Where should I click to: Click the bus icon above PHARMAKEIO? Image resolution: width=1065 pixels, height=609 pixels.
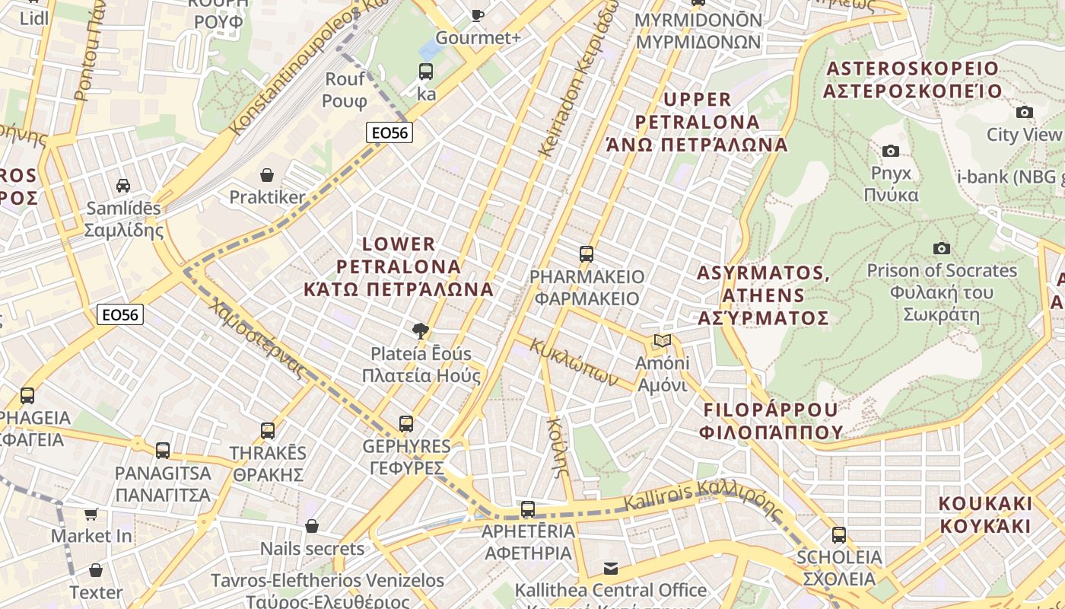click(586, 253)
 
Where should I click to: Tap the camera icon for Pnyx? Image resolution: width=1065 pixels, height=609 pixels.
click(890, 151)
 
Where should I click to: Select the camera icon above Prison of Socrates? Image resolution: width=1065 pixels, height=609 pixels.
click(941, 248)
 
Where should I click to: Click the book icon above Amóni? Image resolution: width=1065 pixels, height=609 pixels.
click(662, 340)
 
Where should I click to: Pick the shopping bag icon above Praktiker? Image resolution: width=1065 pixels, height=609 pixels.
click(267, 175)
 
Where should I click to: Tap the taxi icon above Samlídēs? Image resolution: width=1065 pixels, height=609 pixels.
click(122, 185)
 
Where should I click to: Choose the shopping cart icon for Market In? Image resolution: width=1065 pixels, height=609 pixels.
click(91, 514)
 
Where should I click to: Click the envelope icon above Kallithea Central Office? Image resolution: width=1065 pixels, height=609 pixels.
click(610, 568)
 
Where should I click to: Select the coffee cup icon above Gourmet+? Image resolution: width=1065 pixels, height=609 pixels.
click(477, 14)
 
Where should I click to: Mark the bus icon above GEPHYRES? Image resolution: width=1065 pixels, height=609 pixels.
click(406, 423)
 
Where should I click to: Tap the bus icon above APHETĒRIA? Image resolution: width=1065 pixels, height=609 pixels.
click(527, 509)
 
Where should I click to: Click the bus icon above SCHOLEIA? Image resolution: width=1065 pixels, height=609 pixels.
click(838, 534)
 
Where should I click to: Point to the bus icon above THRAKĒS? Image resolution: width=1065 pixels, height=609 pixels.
click(268, 430)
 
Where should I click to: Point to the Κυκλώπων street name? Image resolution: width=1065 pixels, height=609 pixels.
click(574, 362)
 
